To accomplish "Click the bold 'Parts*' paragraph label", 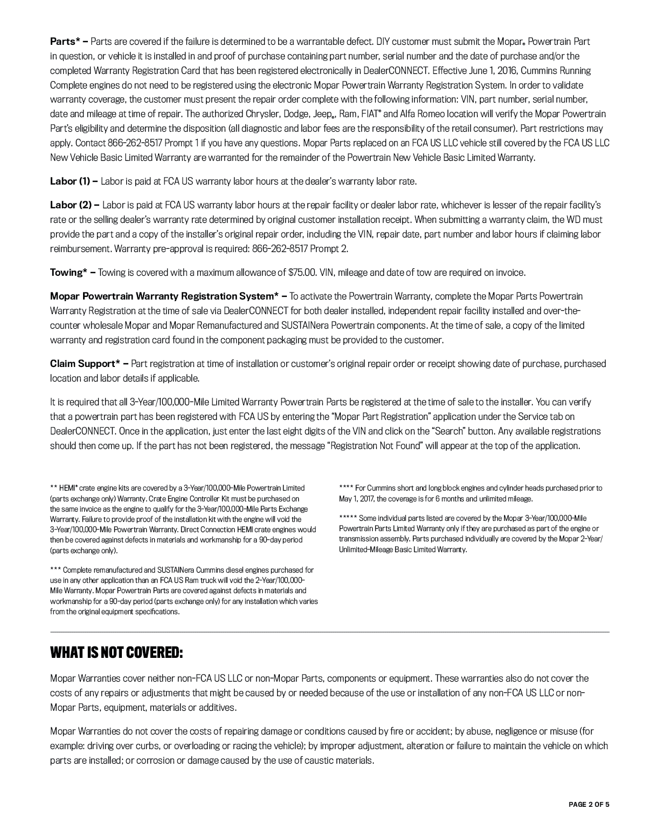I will click(65, 42).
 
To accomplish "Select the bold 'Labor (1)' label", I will click(70, 181).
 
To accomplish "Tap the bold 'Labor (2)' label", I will click(71, 205).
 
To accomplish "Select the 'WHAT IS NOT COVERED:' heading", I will click(116, 653).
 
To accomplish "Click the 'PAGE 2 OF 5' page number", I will click(589, 804).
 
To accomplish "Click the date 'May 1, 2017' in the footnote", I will click(356, 499).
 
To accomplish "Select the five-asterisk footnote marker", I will click(348, 518).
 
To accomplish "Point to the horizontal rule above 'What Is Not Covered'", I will click(329, 631).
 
